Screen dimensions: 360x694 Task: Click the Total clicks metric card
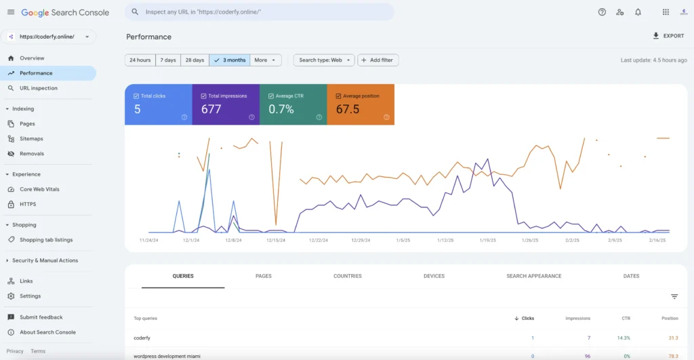coord(158,104)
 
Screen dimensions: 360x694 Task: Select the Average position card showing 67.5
coord(360,104)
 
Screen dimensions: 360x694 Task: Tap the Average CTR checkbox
coord(271,96)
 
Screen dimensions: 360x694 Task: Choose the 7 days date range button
coord(167,60)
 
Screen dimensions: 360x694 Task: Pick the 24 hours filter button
coord(140,60)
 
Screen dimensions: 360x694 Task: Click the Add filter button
coord(378,60)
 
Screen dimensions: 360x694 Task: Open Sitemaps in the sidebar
coord(31,139)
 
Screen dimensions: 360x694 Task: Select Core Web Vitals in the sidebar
coord(39,189)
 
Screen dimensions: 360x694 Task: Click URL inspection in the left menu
coord(38,88)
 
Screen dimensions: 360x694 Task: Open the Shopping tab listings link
coord(45,240)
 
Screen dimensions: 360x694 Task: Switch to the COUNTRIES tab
coord(347,277)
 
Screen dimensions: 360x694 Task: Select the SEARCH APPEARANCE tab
coord(533,277)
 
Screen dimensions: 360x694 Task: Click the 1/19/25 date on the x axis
coord(487,240)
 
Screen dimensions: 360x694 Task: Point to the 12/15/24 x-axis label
coord(276,240)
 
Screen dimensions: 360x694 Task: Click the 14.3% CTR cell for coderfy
coord(623,338)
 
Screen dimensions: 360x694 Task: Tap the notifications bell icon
coord(638,12)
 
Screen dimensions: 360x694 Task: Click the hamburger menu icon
coord(11,12)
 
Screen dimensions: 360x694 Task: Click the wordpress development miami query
coord(167,356)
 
